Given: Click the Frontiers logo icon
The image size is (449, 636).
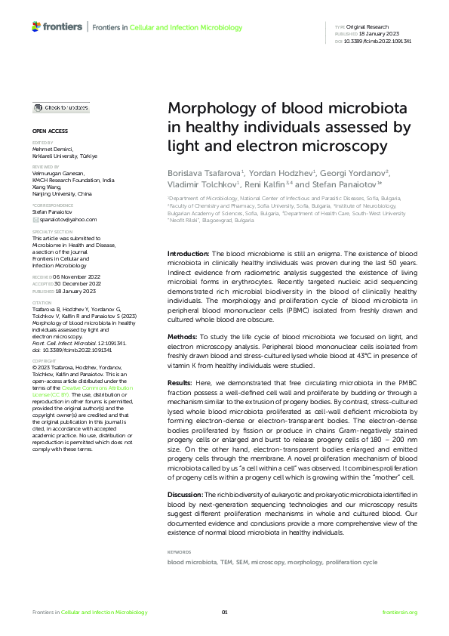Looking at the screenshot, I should coord(35,26).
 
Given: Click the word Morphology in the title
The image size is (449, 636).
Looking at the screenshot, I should coord(208,108).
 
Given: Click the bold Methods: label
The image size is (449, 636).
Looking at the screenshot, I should coord(183,336).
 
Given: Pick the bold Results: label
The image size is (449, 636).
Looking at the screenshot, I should coord(182,384).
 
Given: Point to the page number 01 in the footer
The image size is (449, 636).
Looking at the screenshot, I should coord(224,612).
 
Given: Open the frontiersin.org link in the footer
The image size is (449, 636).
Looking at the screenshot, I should coord(399,612).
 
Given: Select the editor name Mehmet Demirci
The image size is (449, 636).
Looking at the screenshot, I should coord(53,150).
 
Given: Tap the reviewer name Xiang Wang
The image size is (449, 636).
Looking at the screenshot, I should coord(48,187).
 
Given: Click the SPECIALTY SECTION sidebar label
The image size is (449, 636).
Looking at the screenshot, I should coord(53,232).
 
